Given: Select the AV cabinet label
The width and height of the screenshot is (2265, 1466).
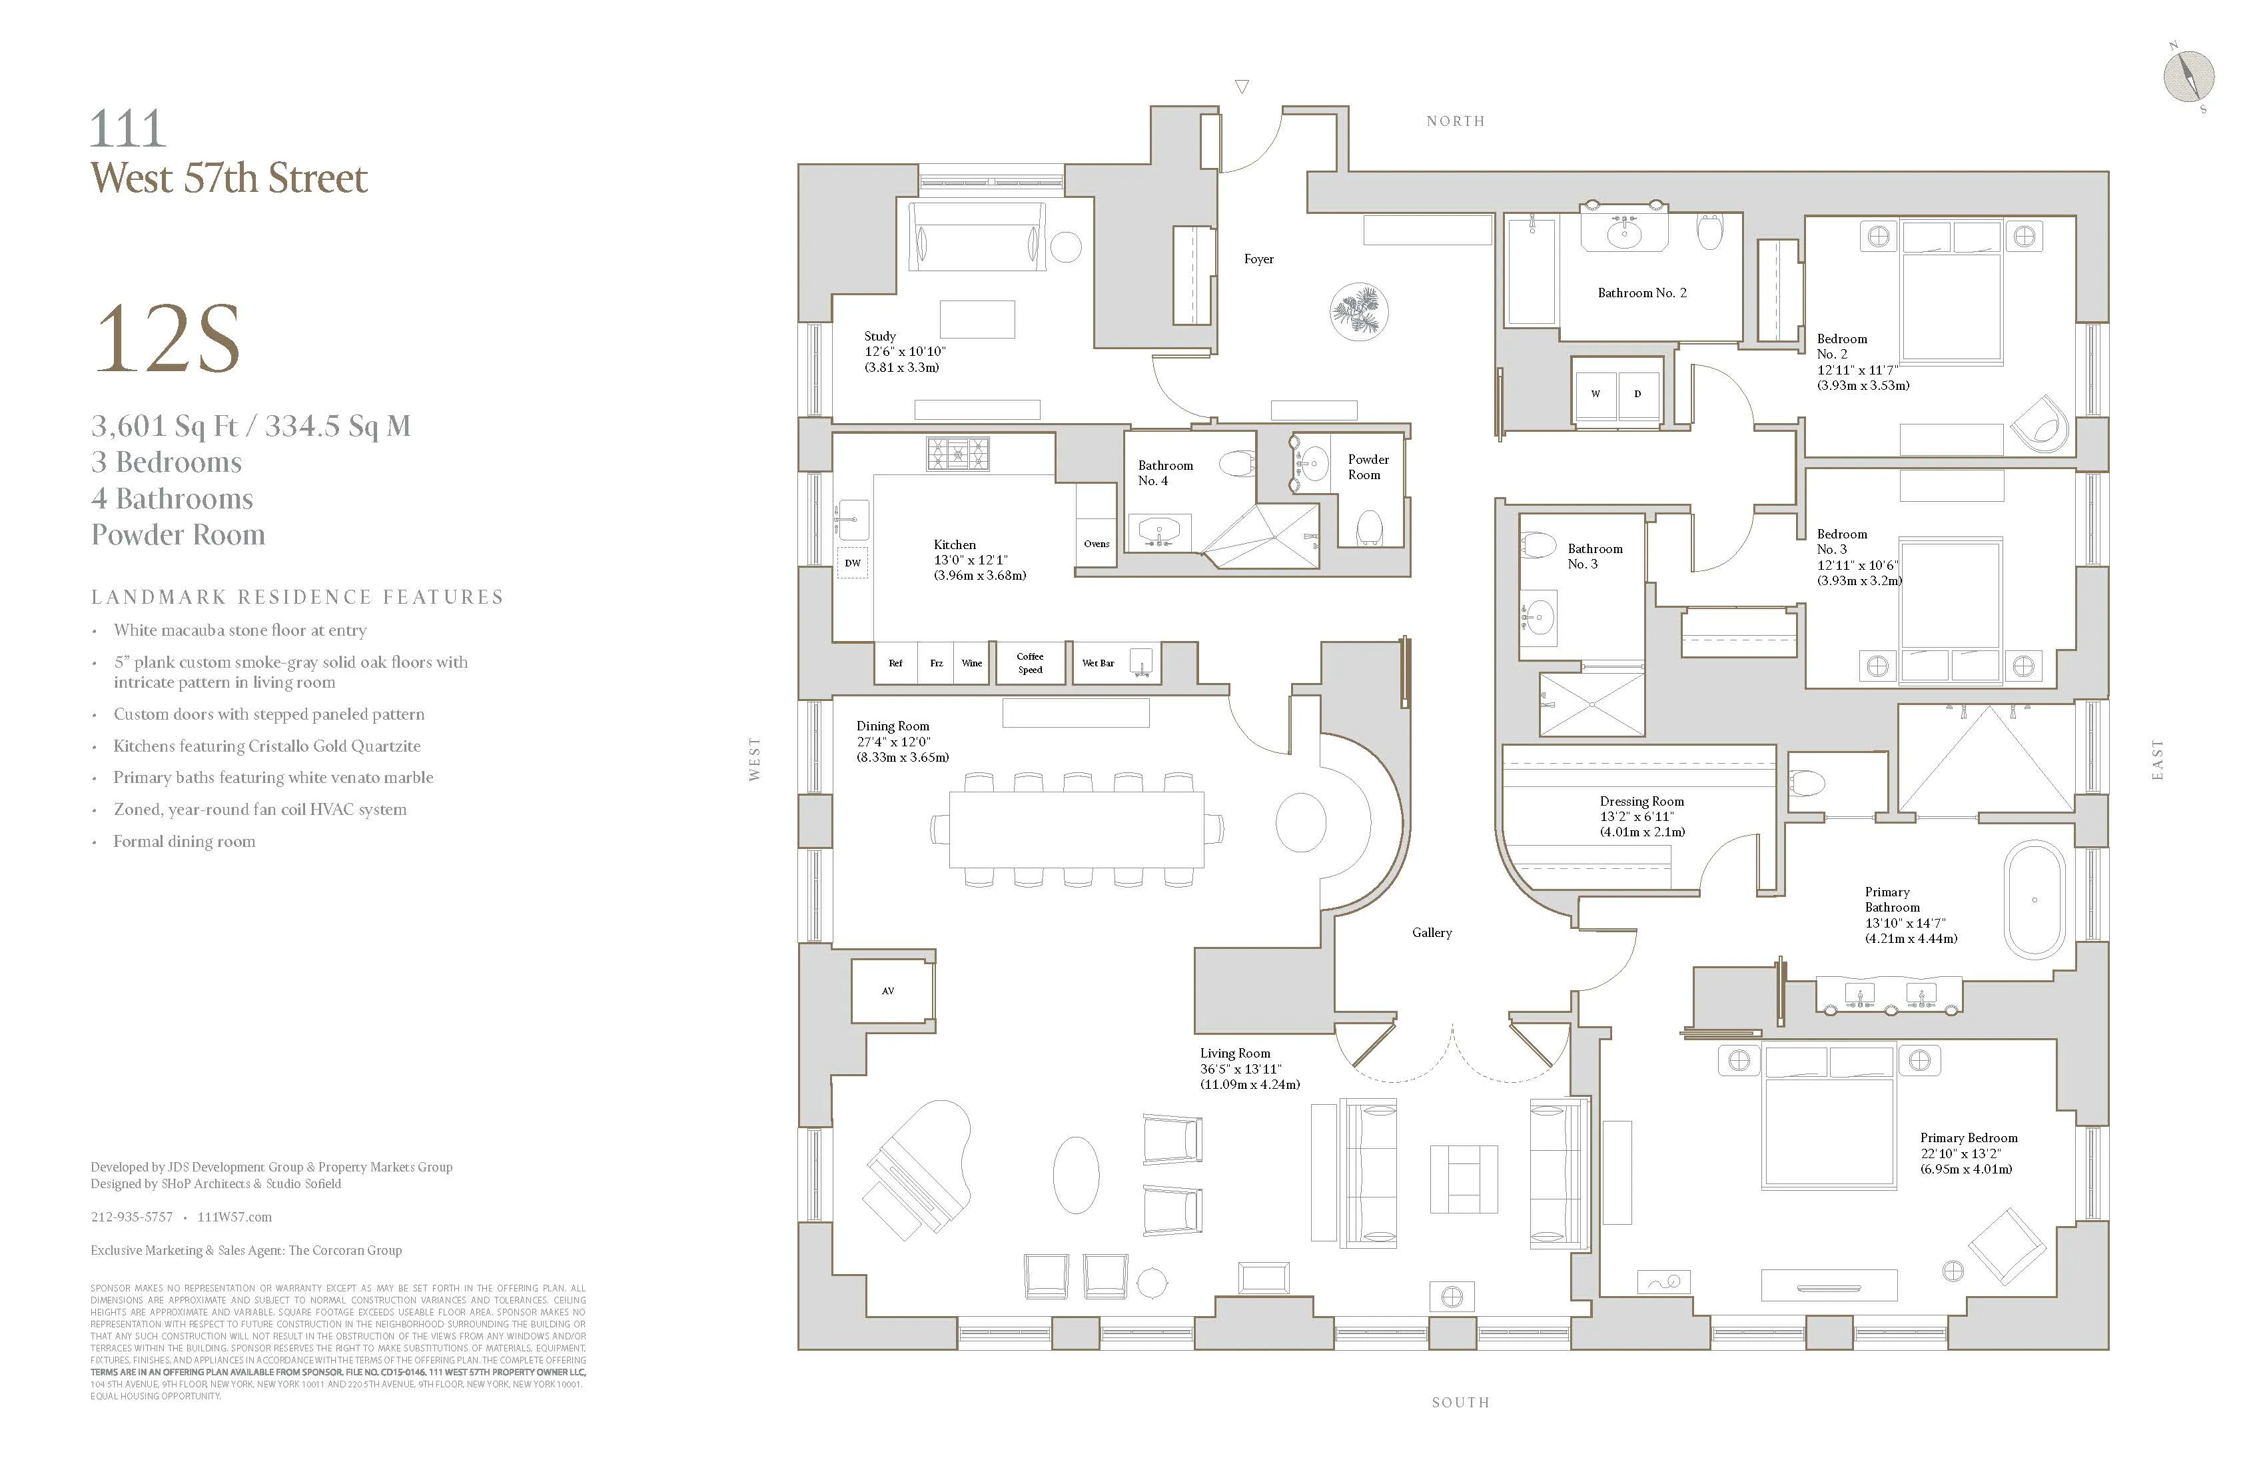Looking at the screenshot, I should click(x=888, y=991).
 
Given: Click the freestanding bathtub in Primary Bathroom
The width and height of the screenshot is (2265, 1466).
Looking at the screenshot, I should click(x=2035, y=900).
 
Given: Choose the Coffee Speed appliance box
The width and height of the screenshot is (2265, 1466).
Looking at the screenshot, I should click(x=1030, y=662).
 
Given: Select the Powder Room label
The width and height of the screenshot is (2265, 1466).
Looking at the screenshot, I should click(x=1368, y=466).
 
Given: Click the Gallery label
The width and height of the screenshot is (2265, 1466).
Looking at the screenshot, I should click(x=1432, y=933).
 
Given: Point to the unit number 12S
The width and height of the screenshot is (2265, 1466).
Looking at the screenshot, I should click(x=167, y=340).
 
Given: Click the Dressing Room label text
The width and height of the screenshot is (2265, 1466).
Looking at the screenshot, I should click(x=1641, y=802).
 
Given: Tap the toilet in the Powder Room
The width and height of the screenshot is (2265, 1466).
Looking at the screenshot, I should click(x=1368, y=528).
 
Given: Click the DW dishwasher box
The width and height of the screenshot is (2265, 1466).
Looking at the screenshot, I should click(x=853, y=562).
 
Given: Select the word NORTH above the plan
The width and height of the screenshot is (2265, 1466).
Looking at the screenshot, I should click(x=1455, y=121).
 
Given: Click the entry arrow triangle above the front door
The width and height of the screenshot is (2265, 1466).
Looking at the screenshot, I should click(x=1241, y=87).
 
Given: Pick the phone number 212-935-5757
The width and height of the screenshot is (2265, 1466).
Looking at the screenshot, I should click(x=131, y=1217).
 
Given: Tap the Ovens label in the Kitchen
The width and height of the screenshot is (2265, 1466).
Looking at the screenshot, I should click(x=1097, y=544).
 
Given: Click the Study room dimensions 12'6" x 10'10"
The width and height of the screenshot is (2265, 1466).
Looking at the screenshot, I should click(x=904, y=351).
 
